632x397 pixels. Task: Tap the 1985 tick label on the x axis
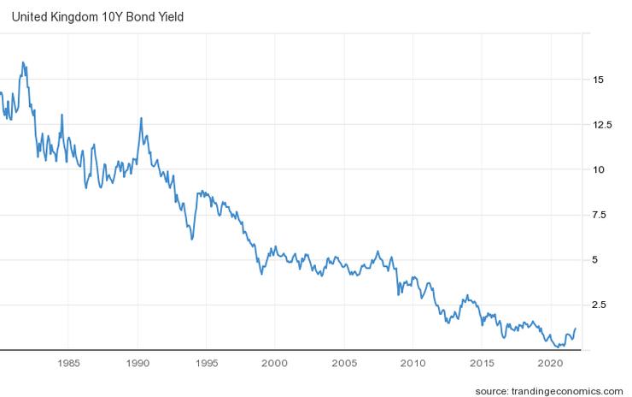[69, 362]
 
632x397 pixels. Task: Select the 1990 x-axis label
[138, 362]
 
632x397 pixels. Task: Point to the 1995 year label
[207, 362]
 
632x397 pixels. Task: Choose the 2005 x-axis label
[344, 362]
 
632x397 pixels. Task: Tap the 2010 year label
[413, 362]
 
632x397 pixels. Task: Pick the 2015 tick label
[483, 362]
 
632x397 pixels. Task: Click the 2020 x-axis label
[551, 362]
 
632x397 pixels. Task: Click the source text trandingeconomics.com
[549, 390]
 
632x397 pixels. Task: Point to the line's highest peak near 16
[23, 62]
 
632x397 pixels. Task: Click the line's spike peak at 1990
[141, 118]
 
